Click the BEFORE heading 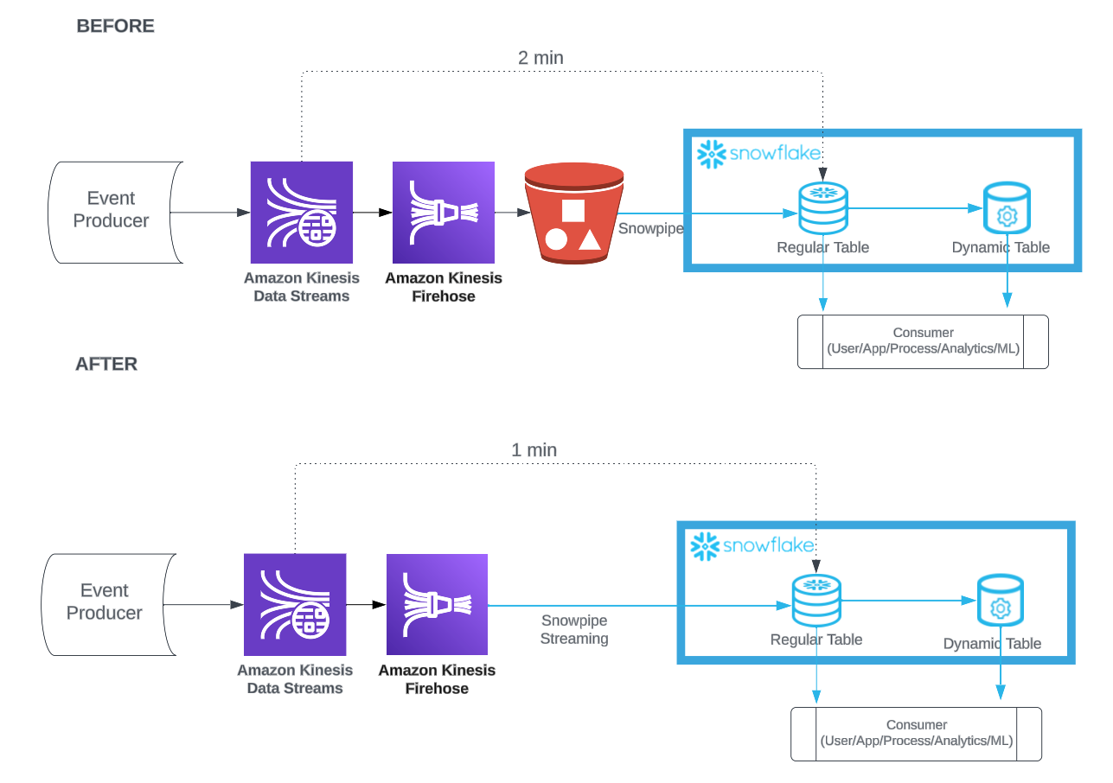coord(115,26)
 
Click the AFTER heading coord(106,364)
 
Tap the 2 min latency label coord(541,58)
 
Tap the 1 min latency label coord(534,450)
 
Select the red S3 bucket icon coord(574,213)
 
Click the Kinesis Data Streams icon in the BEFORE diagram coord(302,213)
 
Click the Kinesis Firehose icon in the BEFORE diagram coord(444,213)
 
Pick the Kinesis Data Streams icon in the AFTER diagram coord(295,605)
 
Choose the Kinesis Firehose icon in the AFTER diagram coord(438,605)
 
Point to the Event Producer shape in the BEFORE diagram coord(115,213)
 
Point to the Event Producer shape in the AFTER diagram coord(109,605)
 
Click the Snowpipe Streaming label coord(574,629)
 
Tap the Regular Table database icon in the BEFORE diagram coord(822,208)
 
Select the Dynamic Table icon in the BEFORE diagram coord(1007,207)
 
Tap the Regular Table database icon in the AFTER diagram coord(816,601)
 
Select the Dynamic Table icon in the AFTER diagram coord(1001,600)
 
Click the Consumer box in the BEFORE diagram coord(924,341)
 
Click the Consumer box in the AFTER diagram coord(916,734)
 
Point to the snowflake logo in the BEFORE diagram coord(758,154)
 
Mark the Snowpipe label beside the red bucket coord(651,228)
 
